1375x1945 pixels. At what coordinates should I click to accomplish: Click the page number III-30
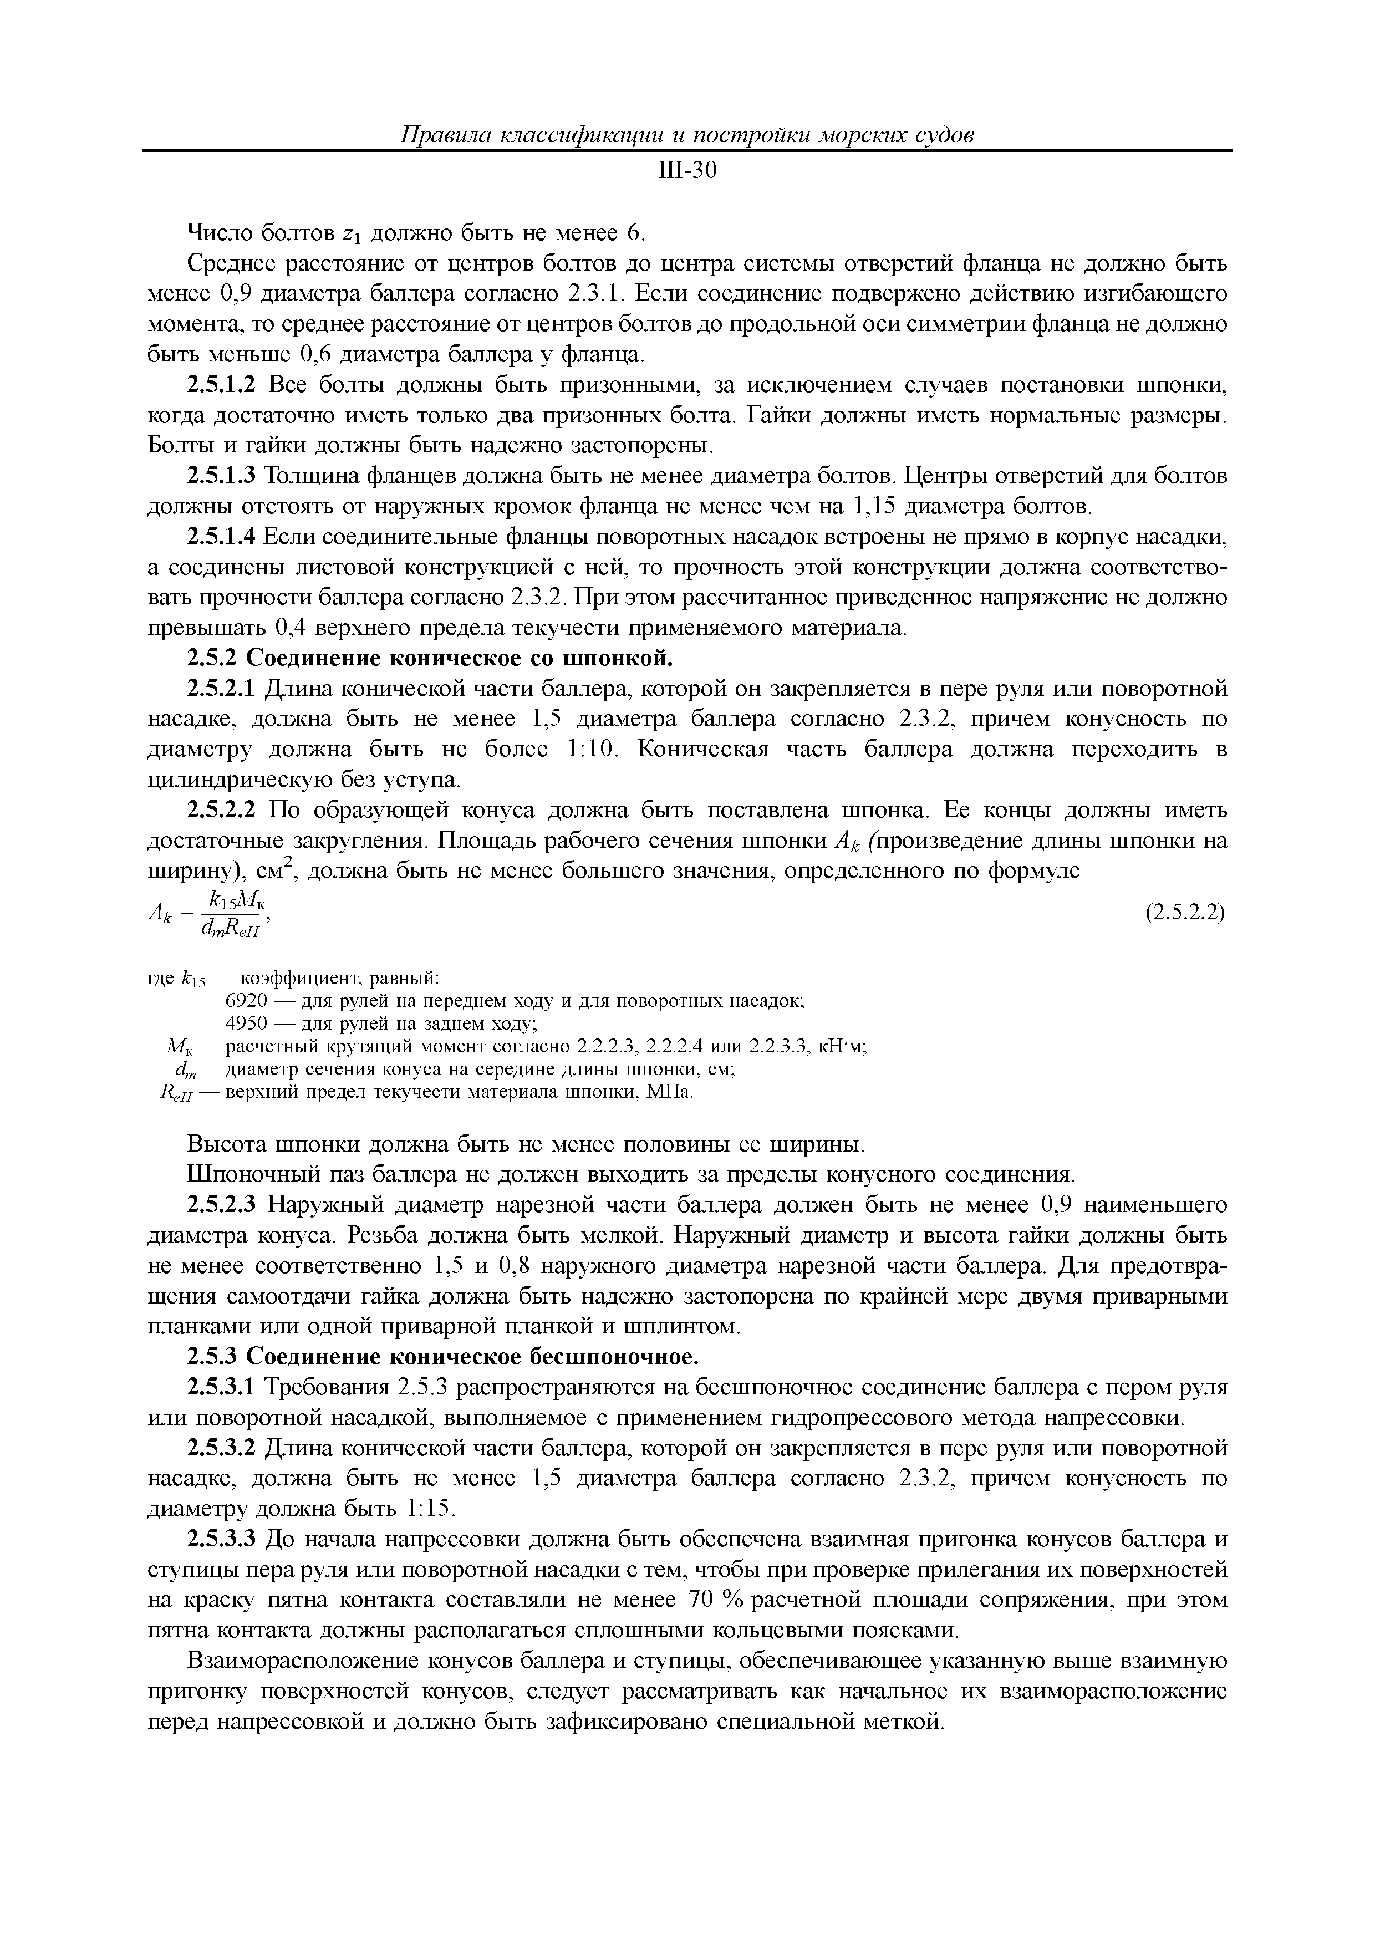[x=687, y=172]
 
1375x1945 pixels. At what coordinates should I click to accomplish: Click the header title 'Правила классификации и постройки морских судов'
[x=687, y=135]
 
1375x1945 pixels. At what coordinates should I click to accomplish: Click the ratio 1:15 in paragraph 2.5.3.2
[x=430, y=1509]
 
